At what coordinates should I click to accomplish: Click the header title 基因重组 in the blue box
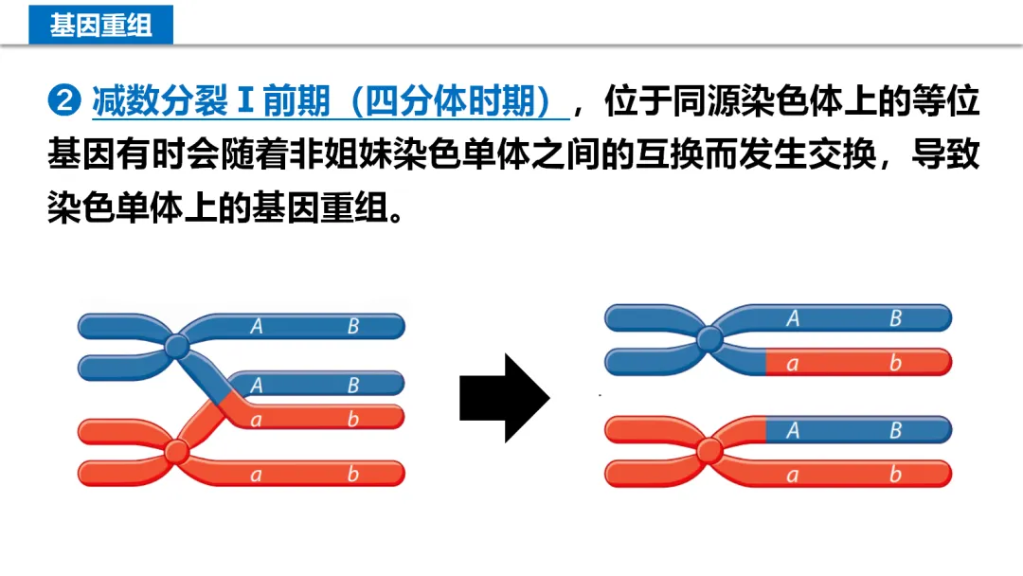100,24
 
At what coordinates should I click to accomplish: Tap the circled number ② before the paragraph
64,100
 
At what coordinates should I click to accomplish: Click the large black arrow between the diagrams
504,398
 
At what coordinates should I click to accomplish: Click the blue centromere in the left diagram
176,347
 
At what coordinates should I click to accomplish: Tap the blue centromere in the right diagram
709,339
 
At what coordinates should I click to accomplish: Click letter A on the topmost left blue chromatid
256,326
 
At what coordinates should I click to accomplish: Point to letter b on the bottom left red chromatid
352,474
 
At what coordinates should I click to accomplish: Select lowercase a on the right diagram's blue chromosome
792,362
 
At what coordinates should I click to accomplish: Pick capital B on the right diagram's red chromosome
895,431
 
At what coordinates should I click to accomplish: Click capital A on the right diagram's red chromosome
792,431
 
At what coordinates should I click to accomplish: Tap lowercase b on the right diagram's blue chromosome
895,362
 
